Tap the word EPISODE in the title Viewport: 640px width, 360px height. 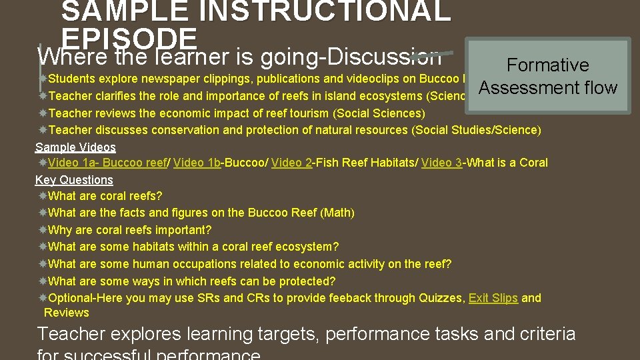point(129,37)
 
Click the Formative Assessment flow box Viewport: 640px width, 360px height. point(548,76)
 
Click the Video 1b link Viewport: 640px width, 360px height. point(197,163)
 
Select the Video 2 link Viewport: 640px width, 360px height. point(291,163)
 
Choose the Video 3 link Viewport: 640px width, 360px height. point(441,163)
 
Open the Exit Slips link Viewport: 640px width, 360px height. point(493,298)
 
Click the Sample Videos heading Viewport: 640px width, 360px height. point(75,147)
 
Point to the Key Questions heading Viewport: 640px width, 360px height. point(74,180)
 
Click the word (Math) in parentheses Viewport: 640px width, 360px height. point(339,213)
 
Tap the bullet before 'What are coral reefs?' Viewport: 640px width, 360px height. point(43,196)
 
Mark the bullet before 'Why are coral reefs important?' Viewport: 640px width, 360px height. point(43,230)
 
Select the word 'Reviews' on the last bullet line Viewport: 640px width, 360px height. point(67,313)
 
